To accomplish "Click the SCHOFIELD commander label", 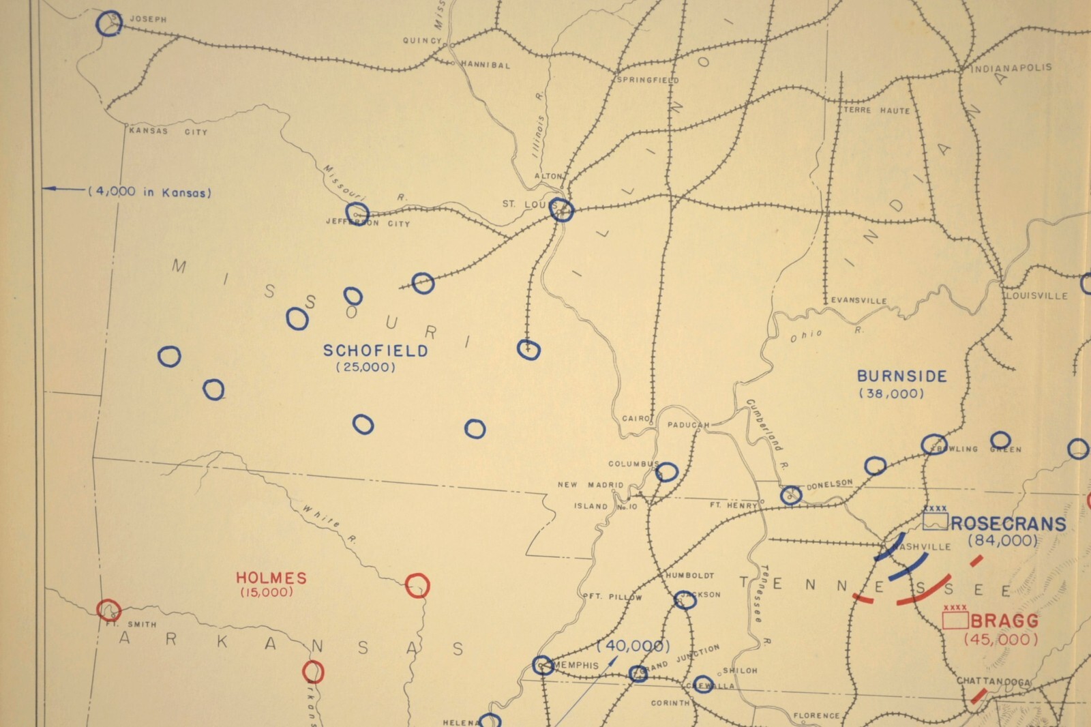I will pyautogui.click(x=375, y=351).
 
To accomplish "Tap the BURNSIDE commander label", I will pyautogui.click(x=901, y=376).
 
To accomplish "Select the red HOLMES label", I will pyautogui.click(x=271, y=578).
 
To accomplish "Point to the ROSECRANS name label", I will pyautogui.click(x=1008, y=524).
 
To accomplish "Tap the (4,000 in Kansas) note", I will pyautogui.click(x=149, y=192).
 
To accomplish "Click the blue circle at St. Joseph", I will pyautogui.click(x=108, y=23).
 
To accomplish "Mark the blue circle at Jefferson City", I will pyautogui.click(x=357, y=213).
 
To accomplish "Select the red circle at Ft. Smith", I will pyautogui.click(x=108, y=609).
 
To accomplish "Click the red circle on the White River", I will pyautogui.click(x=417, y=585).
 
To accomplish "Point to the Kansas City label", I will pyautogui.click(x=168, y=131).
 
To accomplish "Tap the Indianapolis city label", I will pyautogui.click(x=1011, y=68).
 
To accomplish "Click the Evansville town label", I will pyautogui.click(x=858, y=300).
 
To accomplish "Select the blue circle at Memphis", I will pyautogui.click(x=543, y=665).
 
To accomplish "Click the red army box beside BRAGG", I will pyautogui.click(x=955, y=619).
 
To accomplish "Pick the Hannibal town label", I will pyautogui.click(x=485, y=65).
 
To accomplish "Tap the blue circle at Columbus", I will pyautogui.click(x=666, y=472).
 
